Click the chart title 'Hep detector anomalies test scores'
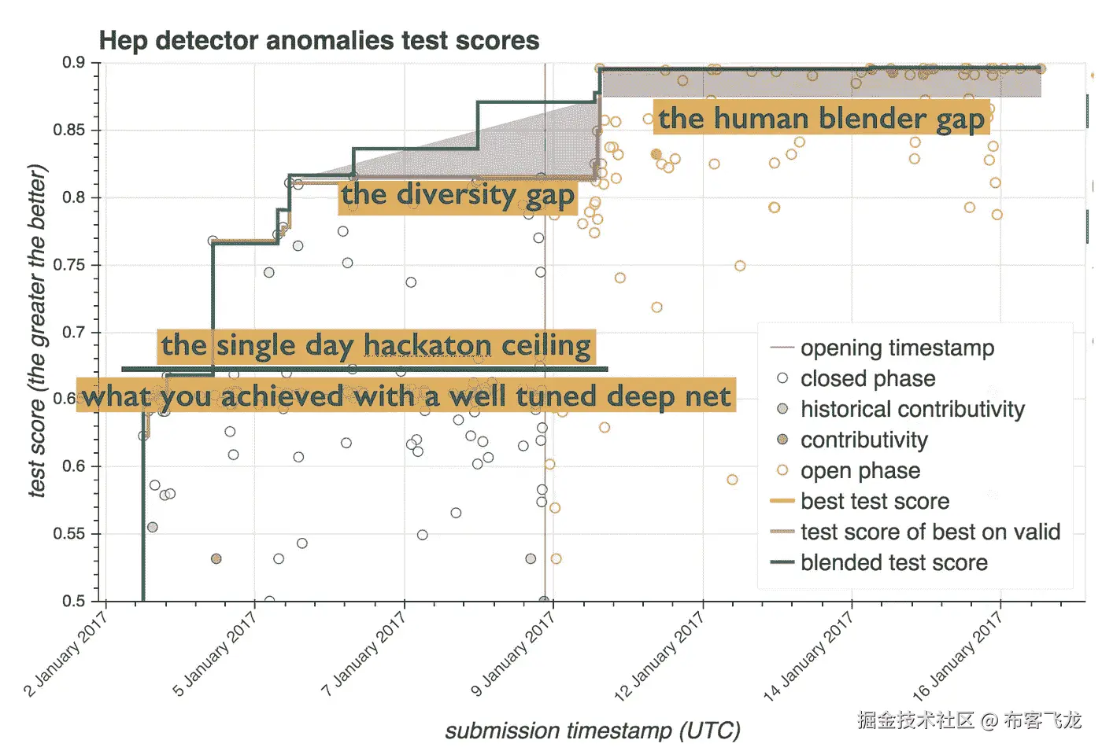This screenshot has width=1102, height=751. pyautogui.click(x=319, y=40)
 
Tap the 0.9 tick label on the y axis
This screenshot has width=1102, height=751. pyautogui.click(x=74, y=63)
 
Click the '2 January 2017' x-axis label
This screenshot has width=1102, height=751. pyautogui.click(x=66, y=653)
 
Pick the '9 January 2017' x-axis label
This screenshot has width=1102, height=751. pyautogui.click(x=513, y=653)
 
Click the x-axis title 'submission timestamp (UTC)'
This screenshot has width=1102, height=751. pyautogui.click(x=592, y=731)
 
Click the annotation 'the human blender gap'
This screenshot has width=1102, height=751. pyautogui.click(x=821, y=118)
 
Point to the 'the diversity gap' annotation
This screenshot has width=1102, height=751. pyautogui.click(x=457, y=194)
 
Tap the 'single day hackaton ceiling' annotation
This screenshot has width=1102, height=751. pyautogui.click(x=376, y=345)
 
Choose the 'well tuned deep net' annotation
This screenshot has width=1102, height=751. pyautogui.click(x=406, y=396)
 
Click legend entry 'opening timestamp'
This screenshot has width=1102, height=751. pyautogui.click(x=897, y=348)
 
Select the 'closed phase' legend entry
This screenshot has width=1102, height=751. pyautogui.click(x=867, y=378)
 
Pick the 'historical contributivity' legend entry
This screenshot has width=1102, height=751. pyautogui.click(x=912, y=409)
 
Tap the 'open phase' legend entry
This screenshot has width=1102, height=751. pyautogui.click(x=860, y=470)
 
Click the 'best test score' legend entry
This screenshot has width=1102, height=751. pyautogui.click(x=874, y=501)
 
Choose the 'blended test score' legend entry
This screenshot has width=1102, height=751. pyautogui.click(x=893, y=562)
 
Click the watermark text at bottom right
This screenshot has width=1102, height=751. pyautogui.click(x=969, y=720)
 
